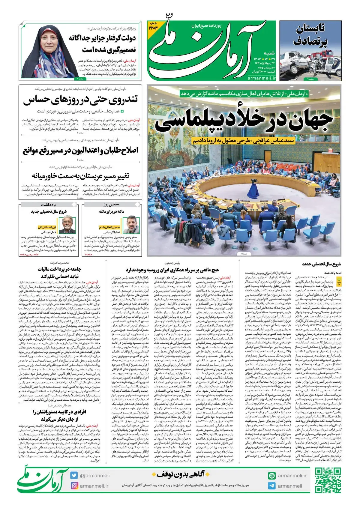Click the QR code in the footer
(328, 480)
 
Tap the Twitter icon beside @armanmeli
(74, 475)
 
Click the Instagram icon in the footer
(74, 486)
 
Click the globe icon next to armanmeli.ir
(272, 476)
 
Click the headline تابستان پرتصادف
(310, 35)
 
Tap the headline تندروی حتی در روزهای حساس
(80, 100)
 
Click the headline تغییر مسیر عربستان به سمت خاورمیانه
(80, 175)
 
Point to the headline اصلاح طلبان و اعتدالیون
(80, 150)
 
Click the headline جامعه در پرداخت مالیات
(59, 272)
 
